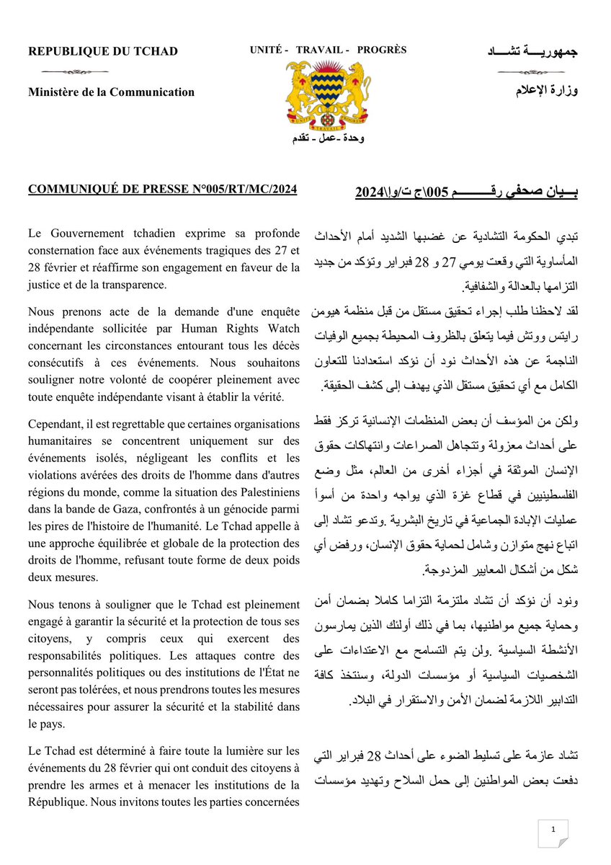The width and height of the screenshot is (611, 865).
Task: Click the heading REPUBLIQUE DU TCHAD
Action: coord(103,51)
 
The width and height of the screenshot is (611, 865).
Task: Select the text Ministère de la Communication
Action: coord(111,92)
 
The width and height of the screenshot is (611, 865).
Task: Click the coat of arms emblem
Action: coord(328,94)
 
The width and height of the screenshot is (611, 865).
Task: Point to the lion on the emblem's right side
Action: coord(355,90)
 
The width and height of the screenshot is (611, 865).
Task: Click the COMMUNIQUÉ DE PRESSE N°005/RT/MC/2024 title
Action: coord(162,190)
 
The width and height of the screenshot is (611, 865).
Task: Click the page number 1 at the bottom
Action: coord(553,830)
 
